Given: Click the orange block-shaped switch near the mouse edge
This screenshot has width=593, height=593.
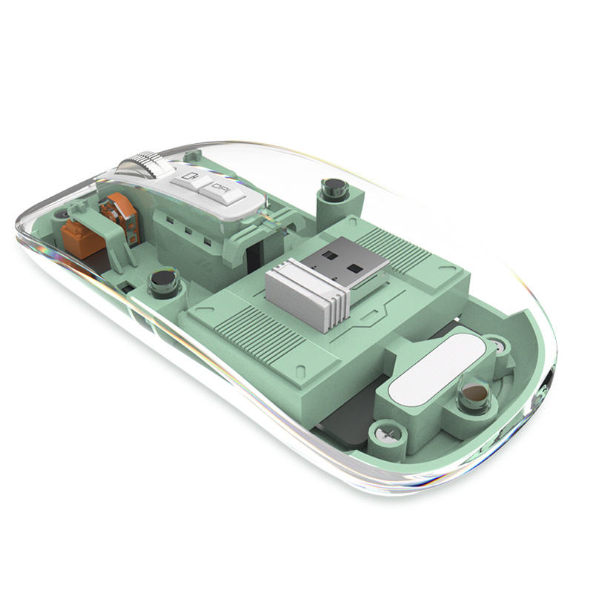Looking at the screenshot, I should tap(81, 236).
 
